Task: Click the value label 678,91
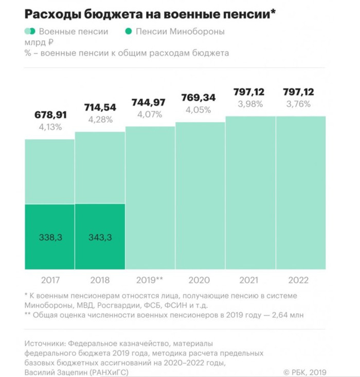pyautogui.click(x=50, y=115)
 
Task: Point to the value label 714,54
pyautogui.click(x=100, y=107)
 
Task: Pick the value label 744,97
pyautogui.click(x=151, y=102)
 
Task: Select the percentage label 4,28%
pyautogui.click(x=100, y=120)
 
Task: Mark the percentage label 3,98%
pyautogui.click(x=250, y=104)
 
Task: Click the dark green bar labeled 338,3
pyautogui.click(x=50, y=237)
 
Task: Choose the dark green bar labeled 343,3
pyautogui.click(x=100, y=237)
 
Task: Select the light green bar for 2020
pyautogui.click(x=201, y=195)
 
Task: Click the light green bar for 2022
pyautogui.click(x=300, y=193)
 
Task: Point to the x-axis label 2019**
pyautogui.click(x=151, y=281)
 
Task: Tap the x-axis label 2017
pyautogui.click(x=50, y=281)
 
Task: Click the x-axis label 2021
pyautogui.click(x=250, y=281)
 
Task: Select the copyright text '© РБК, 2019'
pyautogui.click(x=305, y=372)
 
